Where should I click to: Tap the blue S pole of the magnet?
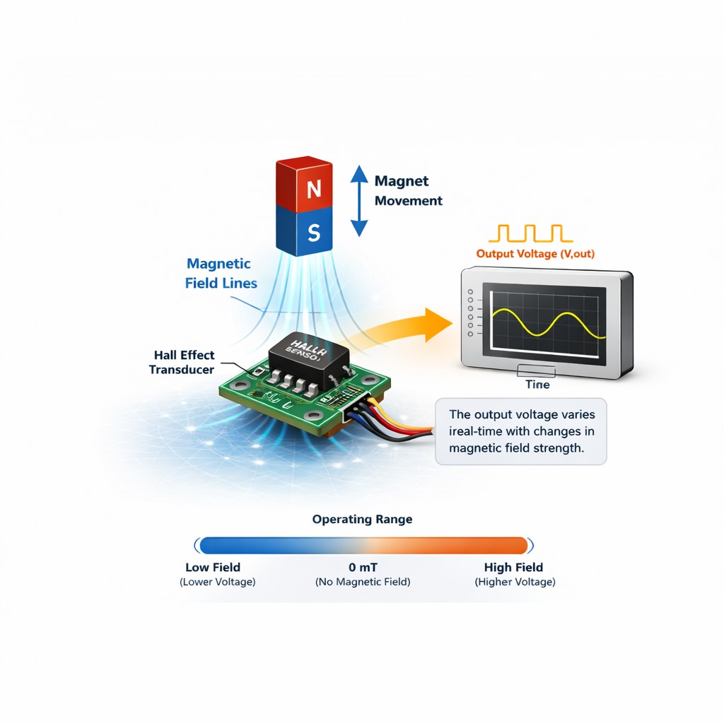(x=313, y=231)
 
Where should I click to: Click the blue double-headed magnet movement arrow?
(x=360, y=201)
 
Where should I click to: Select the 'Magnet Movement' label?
(x=408, y=191)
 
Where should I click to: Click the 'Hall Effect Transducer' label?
(x=182, y=362)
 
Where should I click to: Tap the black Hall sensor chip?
(x=305, y=357)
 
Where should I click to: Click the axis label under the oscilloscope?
(x=537, y=385)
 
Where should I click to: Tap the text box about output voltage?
(x=521, y=431)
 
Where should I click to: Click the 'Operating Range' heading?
(x=362, y=520)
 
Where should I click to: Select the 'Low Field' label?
(x=213, y=567)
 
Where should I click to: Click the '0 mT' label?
(x=362, y=567)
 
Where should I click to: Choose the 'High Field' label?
(x=513, y=567)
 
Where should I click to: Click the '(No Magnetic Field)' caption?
(x=362, y=582)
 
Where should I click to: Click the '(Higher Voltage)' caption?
(x=515, y=582)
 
